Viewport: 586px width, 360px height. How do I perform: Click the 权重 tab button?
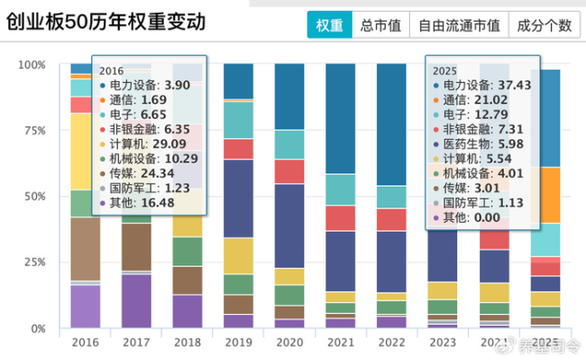click(329, 26)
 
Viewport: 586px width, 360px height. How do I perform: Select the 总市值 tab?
click(380, 26)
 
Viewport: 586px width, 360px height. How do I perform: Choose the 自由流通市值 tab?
click(459, 26)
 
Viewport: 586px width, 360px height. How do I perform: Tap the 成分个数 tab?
click(545, 26)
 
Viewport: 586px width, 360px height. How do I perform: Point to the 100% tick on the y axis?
click(32, 65)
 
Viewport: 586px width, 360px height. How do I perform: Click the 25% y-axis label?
click(34, 263)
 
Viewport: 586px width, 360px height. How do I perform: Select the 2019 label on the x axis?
click(238, 343)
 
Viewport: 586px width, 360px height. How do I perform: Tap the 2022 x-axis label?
click(391, 343)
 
